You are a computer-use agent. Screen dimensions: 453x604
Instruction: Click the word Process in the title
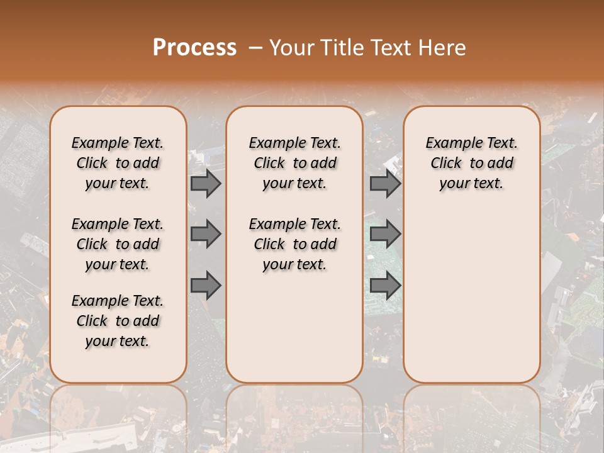click(x=194, y=48)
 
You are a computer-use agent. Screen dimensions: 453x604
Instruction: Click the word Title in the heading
click(x=339, y=48)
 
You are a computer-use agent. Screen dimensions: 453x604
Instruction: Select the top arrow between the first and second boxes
click(x=206, y=183)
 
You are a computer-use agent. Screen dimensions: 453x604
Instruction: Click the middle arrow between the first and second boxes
click(x=206, y=234)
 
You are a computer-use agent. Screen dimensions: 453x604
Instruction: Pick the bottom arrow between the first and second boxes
click(x=206, y=285)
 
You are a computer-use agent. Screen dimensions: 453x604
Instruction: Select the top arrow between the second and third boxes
click(x=385, y=183)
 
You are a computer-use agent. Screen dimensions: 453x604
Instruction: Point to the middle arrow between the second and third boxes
click(x=385, y=234)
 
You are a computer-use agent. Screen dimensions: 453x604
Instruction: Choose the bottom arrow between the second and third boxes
click(x=385, y=285)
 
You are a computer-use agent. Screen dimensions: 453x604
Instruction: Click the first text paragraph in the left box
click(x=118, y=163)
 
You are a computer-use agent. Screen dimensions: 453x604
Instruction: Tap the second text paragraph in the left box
click(x=118, y=244)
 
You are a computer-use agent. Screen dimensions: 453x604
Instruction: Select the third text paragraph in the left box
click(x=118, y=321)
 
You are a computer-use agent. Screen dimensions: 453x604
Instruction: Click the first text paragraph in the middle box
click(x=294, y=163)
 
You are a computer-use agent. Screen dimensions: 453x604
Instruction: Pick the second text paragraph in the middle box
click(x=294, y=244)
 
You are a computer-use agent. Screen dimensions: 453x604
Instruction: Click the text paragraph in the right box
click(x=472, y=163)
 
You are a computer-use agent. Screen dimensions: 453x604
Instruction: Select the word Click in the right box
click(x=446, y=164)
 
